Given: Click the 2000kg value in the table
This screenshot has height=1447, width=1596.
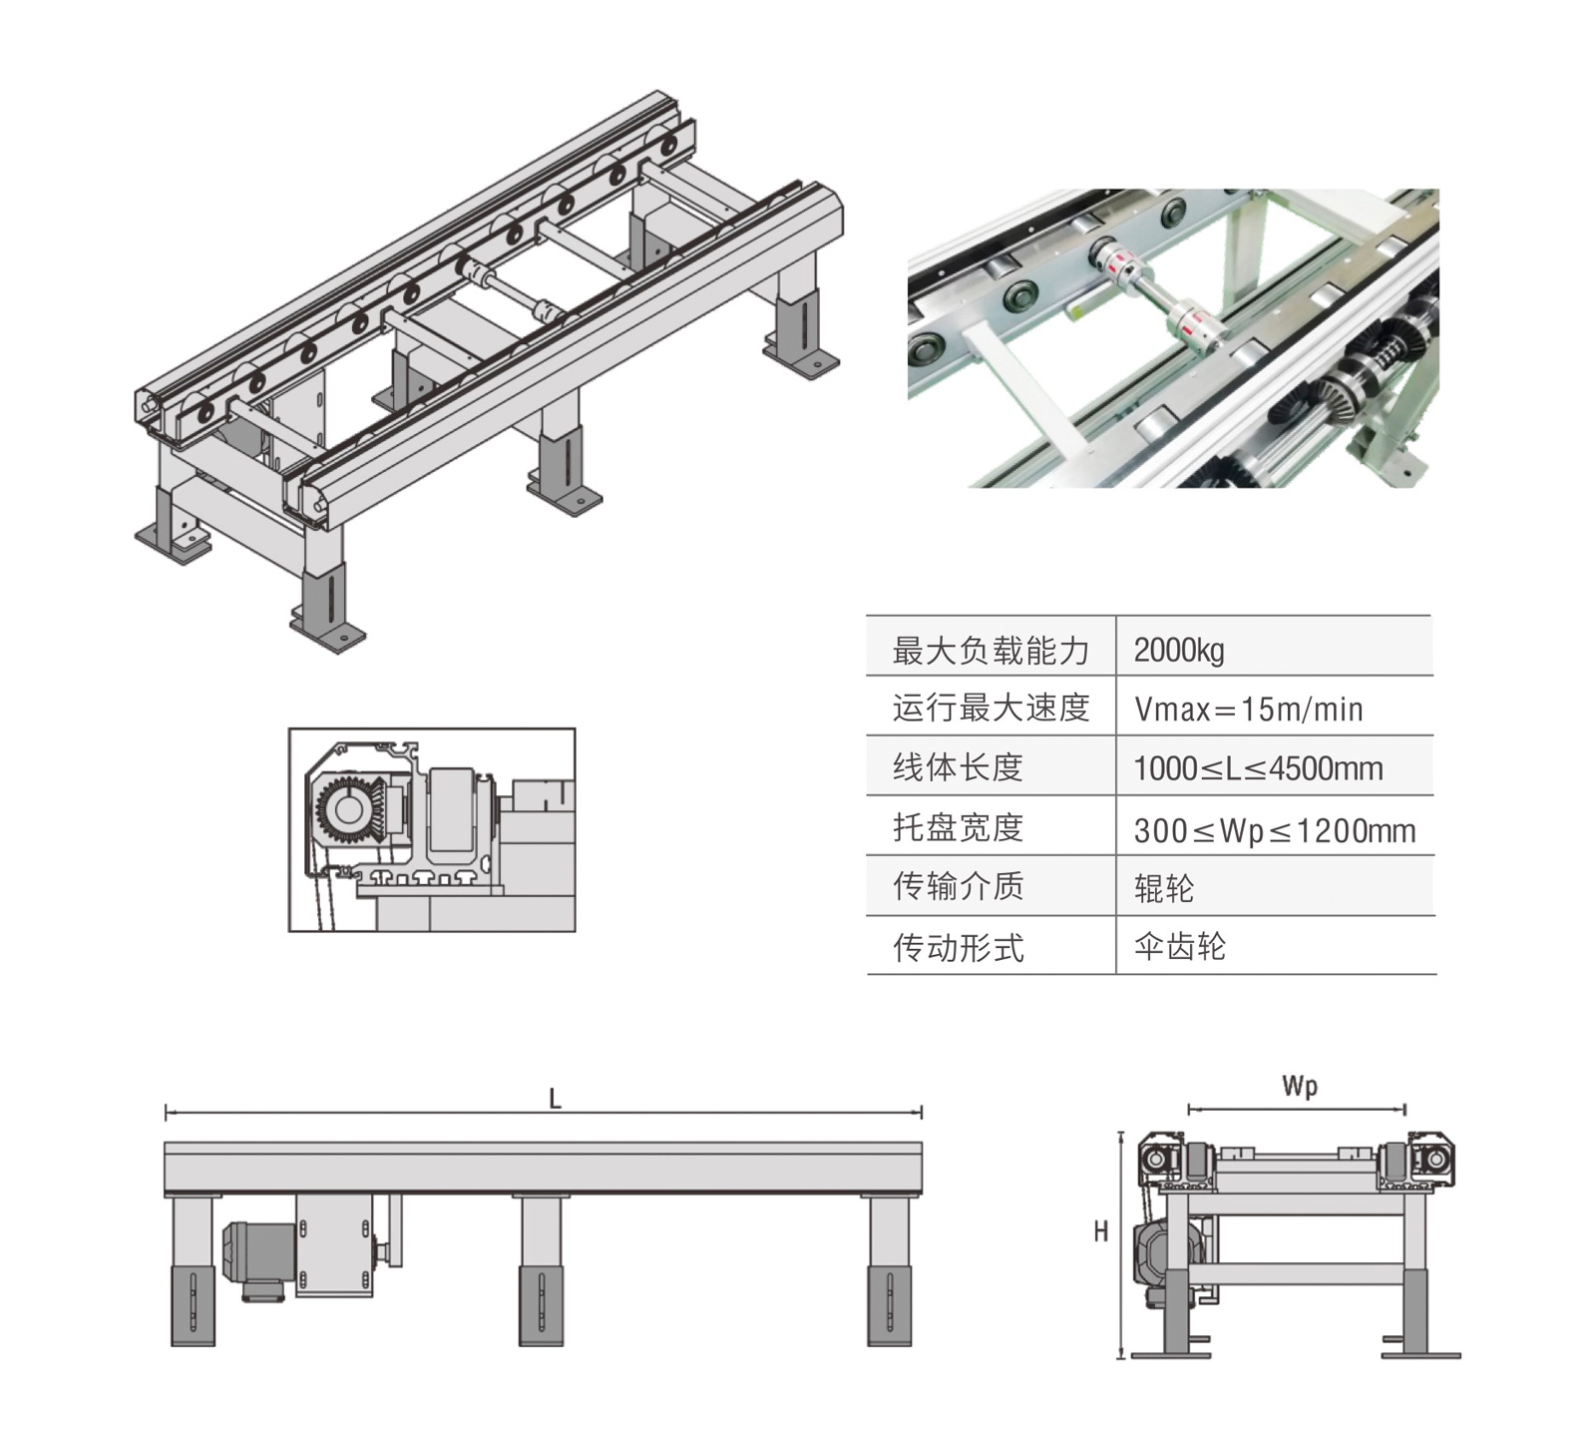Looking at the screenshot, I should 1179,651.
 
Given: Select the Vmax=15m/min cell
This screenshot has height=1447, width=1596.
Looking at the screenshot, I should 1248,710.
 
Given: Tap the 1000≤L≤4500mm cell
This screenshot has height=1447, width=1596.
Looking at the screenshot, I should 1258,768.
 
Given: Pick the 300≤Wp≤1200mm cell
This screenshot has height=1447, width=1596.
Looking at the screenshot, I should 1274,830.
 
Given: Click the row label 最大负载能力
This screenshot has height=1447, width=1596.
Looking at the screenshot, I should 990,651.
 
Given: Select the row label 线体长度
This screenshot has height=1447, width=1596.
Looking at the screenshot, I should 958,767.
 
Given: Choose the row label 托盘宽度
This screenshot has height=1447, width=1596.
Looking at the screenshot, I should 958,827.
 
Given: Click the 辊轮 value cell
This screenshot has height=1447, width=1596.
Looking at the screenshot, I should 1163,888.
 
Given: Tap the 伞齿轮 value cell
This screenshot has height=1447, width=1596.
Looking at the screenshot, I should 1179,946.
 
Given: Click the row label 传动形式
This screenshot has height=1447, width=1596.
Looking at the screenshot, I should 958,947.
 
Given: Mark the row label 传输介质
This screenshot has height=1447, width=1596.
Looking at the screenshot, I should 958,886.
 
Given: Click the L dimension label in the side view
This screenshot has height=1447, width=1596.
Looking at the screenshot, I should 556,1099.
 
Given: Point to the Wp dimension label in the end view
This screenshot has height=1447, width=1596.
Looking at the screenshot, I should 1299,1086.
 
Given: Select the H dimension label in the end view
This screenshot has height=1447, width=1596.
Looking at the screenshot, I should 1100,1231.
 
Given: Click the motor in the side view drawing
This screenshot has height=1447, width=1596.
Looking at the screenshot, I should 257,1255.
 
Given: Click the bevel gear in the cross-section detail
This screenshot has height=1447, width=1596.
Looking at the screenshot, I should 349,809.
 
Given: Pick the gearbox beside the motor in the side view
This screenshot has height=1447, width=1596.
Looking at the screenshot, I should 334,1244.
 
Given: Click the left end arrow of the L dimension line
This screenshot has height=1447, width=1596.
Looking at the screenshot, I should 167,1112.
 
